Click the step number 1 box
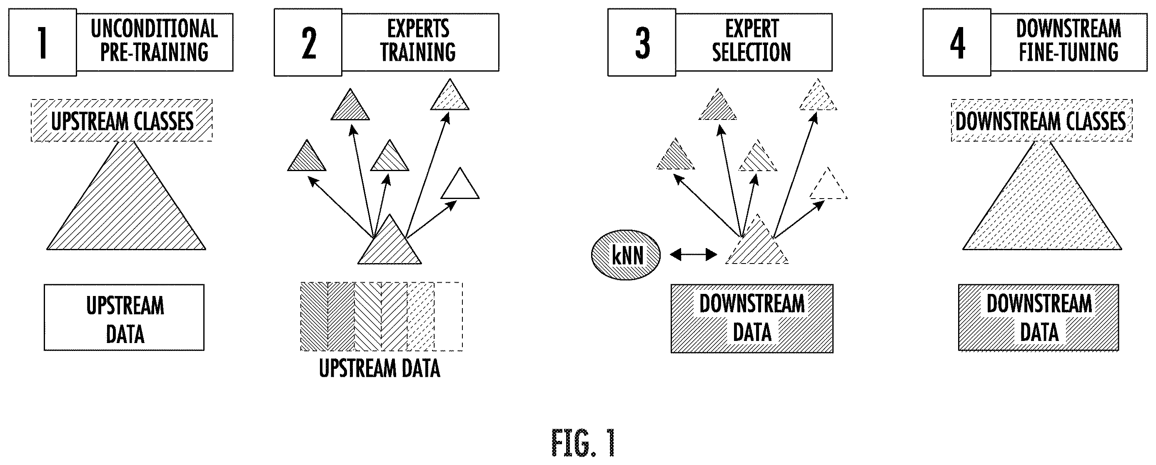pyautogui.click(x=42, y=42)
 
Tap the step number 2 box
pyautogui.click(x=308, y=42)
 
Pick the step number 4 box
pyautogui.click(x=957, y=42)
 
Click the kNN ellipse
pyautogui.click(x=626, y=255)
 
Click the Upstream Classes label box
pyautogui.click(x=122, y=121)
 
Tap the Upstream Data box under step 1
pyautogui.click(x=124, y=318)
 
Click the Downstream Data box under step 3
pyautogui.click(x=752, y=318)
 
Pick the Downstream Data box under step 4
pyautogui.click(x=1039, y=318)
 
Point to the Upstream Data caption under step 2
pyautogui.click(x=380, y=368)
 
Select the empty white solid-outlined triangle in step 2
pyautogui.click(x=460, y=186)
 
